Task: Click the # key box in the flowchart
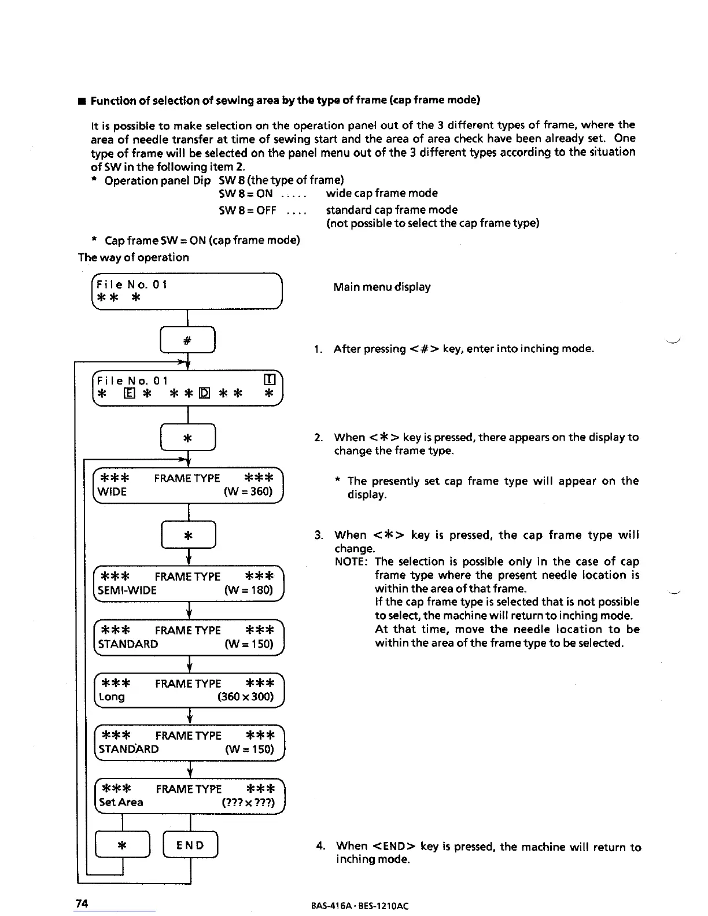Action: (187, 341)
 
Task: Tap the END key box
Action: (190, 845)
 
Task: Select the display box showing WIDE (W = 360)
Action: (187, 485)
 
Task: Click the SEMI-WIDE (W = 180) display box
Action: (188, 583)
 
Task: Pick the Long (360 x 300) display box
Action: (189, 690)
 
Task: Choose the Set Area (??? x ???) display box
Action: (189, 796)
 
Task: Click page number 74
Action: (82, 904)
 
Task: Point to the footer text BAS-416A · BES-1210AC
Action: (359, 906)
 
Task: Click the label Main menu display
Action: (382, 287)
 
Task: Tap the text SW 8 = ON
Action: (245, 194)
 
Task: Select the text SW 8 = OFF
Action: (247, 210)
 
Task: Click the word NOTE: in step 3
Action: (351, 562)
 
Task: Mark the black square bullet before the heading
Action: (82, 101)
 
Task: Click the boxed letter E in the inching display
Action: (130, 394)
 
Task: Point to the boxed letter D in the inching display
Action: (204, 394)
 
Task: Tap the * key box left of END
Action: (122, 845)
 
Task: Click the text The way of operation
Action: (134, 258)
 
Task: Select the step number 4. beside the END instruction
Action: (321, 847)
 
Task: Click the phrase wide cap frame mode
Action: (382, 194)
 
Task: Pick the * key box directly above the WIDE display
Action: (187, 438)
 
